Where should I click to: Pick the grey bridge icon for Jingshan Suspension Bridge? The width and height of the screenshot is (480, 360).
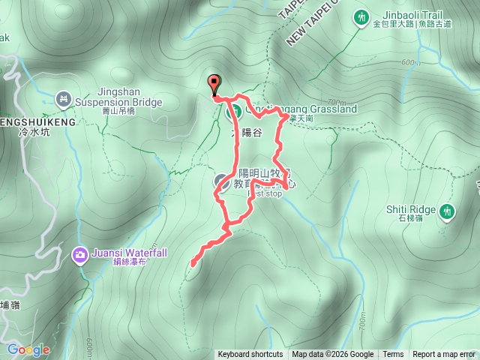[x=64, y=97]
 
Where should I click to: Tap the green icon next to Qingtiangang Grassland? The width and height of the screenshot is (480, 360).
[x=233, y=112]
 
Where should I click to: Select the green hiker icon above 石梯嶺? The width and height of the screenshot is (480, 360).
[x=448, y=211]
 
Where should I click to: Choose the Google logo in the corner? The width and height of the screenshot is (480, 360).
[x=28, y=349]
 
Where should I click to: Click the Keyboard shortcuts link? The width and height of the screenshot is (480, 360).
[x=250, y=355]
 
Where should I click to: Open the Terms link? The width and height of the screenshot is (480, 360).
[x=393, y=355]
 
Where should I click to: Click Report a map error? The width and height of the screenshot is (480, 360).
[x=444, y=355]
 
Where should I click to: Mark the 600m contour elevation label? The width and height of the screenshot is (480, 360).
[x=410, y=63]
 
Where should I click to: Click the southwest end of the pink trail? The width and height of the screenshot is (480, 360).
[x=193, y=263]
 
